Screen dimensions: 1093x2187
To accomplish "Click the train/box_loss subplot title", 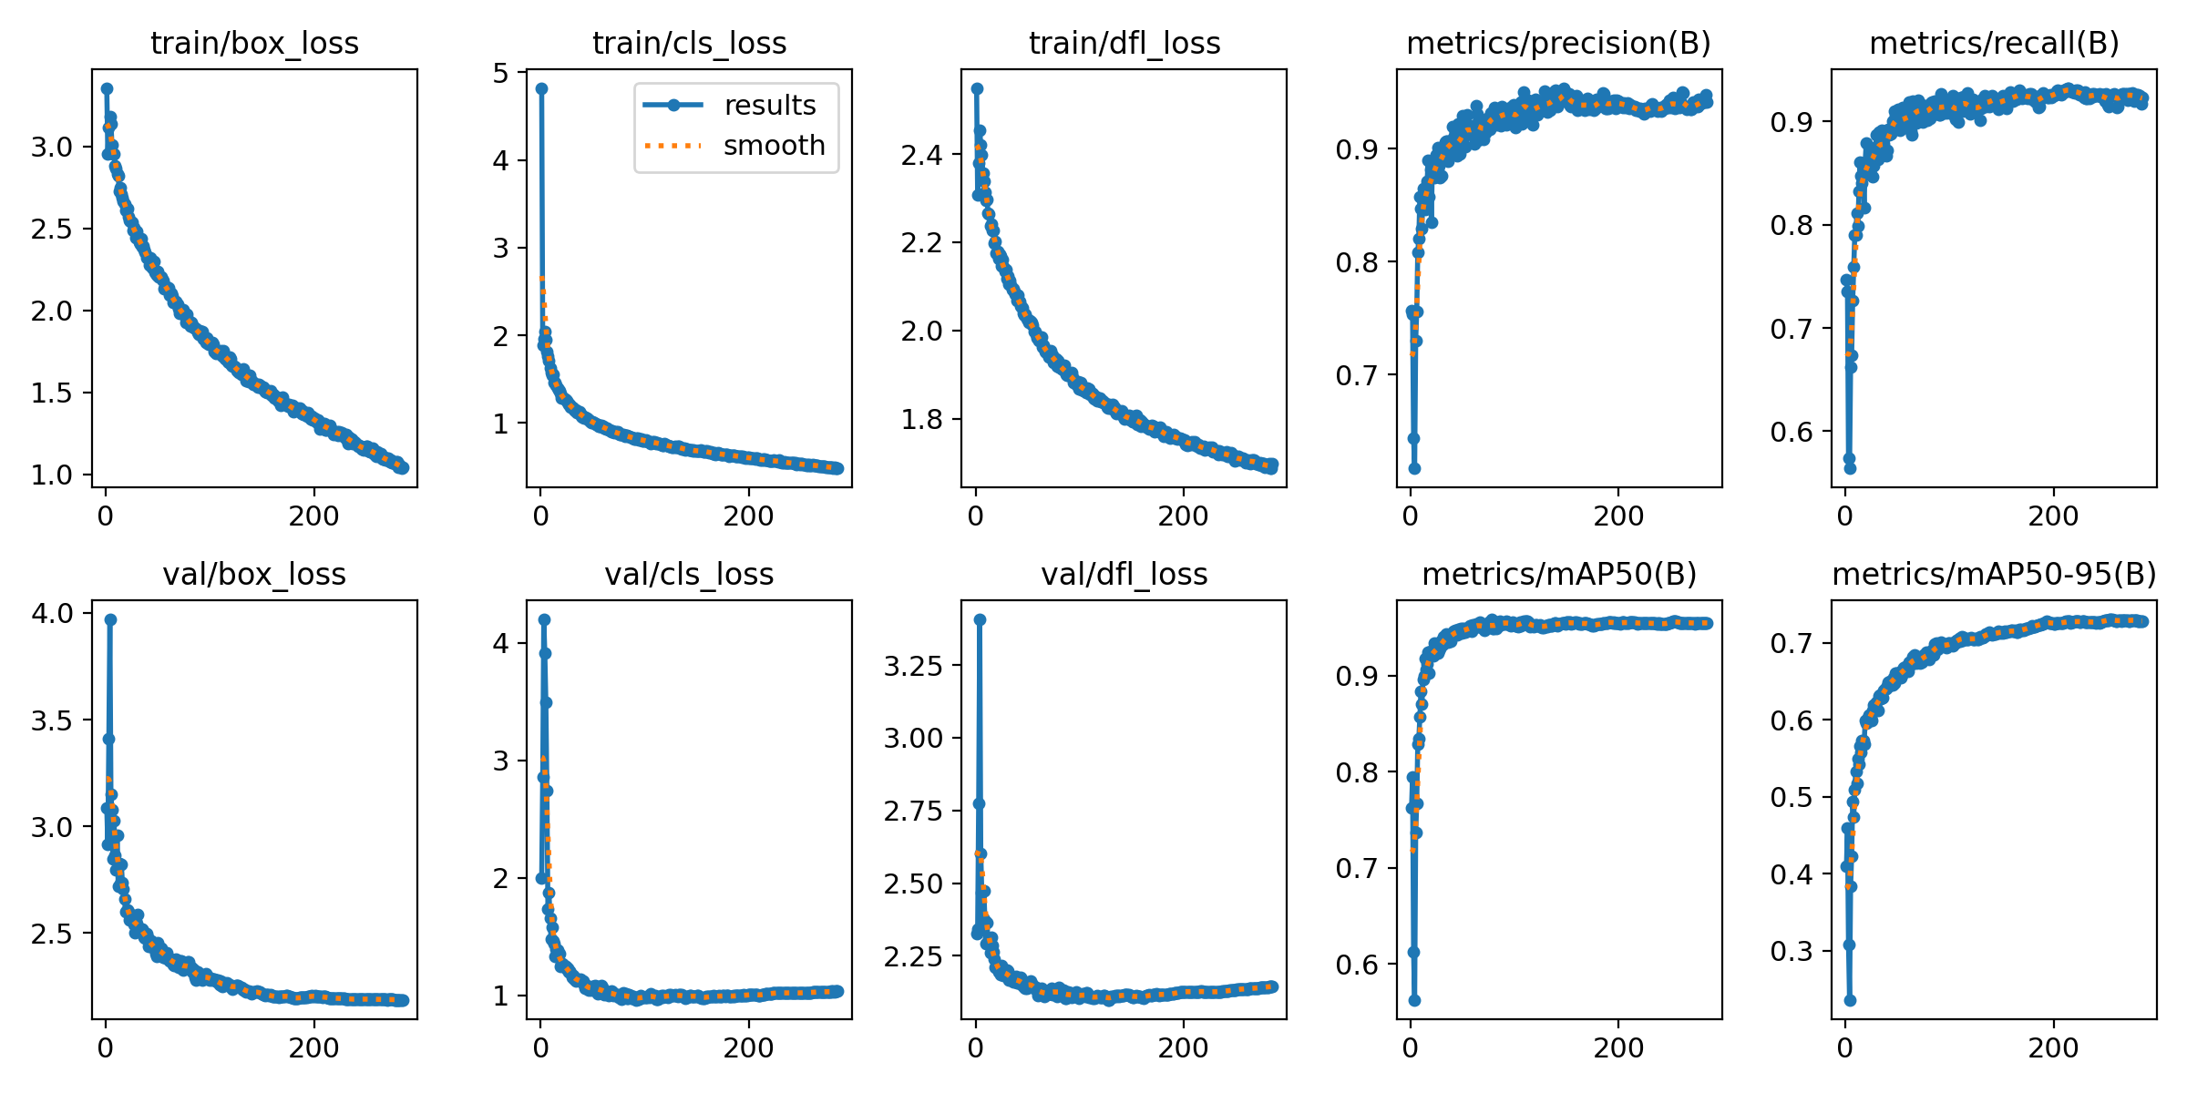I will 254,44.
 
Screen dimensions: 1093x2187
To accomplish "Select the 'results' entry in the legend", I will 769,106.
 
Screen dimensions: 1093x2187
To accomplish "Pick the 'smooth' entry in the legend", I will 774,146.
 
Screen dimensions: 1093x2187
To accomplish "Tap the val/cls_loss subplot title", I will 689,575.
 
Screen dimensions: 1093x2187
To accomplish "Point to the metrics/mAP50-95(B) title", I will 1994,575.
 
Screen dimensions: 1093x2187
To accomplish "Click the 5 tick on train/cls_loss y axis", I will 501,73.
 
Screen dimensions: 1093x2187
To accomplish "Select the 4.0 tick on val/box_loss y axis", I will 52,613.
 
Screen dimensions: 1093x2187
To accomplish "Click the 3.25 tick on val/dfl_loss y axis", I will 912,666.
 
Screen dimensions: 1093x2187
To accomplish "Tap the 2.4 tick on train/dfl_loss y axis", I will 921,156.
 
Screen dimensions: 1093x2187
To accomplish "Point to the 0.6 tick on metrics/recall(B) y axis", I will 1792,432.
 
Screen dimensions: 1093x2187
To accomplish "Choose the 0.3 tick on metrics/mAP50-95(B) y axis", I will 1792,952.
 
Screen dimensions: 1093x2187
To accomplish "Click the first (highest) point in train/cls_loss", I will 541,88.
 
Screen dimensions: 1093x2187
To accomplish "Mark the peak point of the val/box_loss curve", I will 110,619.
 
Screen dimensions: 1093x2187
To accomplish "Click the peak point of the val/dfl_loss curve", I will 980,619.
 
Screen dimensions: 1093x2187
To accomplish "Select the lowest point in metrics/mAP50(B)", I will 1414,1000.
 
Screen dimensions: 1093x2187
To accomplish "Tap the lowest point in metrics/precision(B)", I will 1414,468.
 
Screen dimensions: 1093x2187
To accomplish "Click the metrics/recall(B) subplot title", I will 1994,44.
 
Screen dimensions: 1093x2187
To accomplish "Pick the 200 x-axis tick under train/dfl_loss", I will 1183,516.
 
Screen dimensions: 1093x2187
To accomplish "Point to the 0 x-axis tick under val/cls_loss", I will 540,1048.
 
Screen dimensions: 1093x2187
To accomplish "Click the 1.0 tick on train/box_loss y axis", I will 52,475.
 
